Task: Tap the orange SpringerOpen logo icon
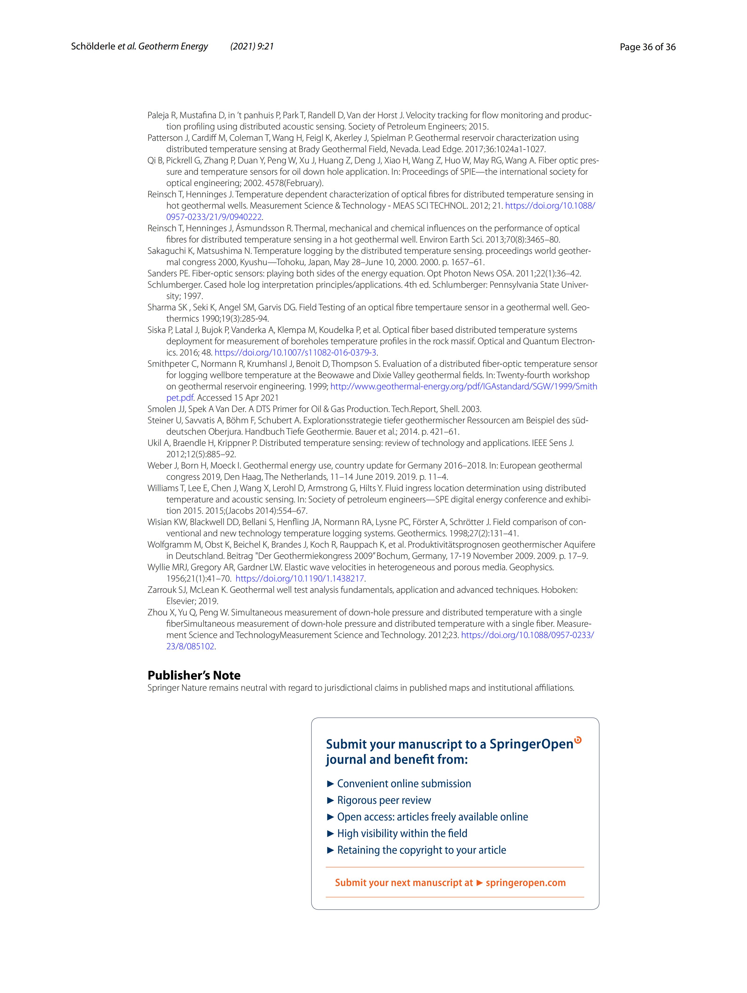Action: point(578,740)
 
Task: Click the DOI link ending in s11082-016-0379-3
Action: point(295,352)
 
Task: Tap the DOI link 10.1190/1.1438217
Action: point(300,579)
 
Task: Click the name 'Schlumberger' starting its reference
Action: point(175,285)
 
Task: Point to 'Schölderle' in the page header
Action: point(93,47)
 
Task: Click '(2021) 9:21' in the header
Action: point(252,47)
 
